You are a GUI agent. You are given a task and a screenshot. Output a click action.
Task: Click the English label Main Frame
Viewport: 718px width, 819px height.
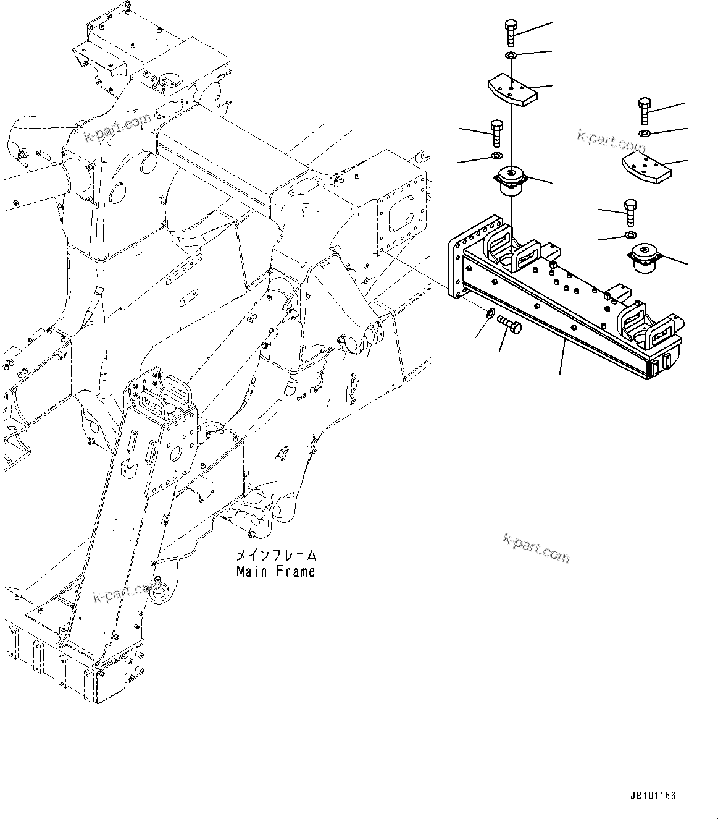pos(275,572)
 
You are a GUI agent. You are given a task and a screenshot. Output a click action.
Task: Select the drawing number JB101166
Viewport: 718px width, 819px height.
pos(653,796)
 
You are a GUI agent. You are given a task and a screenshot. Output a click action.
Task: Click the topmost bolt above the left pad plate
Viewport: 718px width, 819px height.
pos(511,32)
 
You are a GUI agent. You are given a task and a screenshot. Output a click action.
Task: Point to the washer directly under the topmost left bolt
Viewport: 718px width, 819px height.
pos(511,56)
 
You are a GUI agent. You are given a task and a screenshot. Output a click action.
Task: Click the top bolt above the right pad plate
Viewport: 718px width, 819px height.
pos(644,111)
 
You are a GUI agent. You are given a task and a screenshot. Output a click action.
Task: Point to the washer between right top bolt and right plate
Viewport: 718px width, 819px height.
pos(645,134)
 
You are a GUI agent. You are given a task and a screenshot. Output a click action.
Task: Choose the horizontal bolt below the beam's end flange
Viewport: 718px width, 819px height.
pos(509,324)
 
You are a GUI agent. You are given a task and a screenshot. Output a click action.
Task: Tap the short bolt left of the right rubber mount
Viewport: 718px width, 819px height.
pos(630,213)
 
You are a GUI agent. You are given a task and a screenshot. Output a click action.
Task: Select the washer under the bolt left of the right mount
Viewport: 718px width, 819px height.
pos(630,236)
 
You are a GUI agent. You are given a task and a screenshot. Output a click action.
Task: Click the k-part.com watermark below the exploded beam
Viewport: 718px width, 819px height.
pos(536,548)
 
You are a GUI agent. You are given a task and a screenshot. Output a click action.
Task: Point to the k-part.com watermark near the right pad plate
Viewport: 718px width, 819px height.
pos(611,140)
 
